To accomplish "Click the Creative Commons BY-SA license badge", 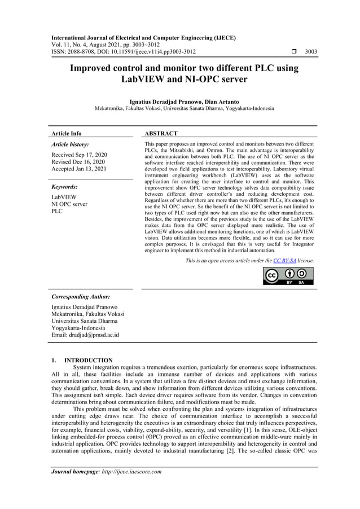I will (288, 276).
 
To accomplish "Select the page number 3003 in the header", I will (311, 51).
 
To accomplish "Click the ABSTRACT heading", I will (161, 134).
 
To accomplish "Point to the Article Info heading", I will (66, 134).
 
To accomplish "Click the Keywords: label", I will (64, 186).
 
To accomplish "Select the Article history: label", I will (70, 144).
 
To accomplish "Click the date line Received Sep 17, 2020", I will (79, 155).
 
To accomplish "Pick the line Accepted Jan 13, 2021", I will (79, 168).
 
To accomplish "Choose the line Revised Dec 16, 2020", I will (78, 161).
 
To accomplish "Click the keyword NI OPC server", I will (69, 204).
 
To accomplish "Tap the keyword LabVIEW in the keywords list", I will (64, 198).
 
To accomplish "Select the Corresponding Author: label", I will (81, 296).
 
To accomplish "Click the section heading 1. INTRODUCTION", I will (82, 360).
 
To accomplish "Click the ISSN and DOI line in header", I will (124, 51).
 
